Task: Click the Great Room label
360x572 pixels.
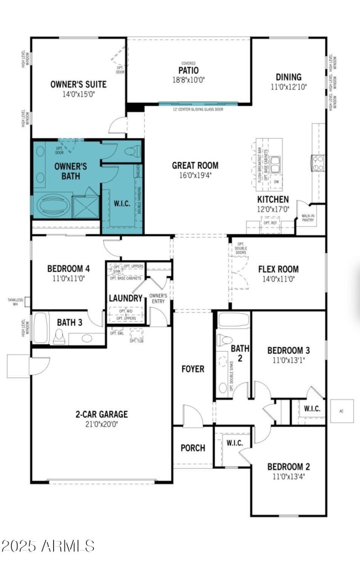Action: click(195, 165)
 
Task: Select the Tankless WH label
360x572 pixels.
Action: click(15, 301)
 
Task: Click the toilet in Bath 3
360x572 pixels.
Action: click(58, 336)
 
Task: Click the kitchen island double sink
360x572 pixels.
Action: click(275, 163)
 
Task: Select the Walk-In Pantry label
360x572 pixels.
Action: click(308, 218)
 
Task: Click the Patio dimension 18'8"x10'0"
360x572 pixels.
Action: click(188, 80)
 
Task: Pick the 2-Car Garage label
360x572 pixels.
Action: click(101, 414)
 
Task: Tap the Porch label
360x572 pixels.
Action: click(193, 448)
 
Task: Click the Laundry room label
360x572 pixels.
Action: click(126, 298)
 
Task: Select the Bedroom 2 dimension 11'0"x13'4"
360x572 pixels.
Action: click(288, 476)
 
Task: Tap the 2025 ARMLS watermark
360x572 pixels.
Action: click(48, 546)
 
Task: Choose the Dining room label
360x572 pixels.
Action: click(288, 77)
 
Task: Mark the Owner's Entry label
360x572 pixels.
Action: click(158, 298)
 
